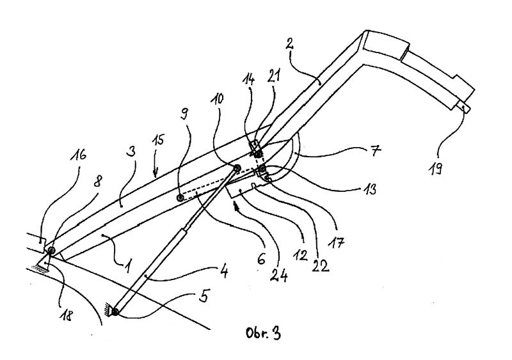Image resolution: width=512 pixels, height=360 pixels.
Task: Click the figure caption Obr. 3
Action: (263, 334)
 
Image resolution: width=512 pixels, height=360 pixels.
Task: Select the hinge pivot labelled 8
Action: (50, 250)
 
